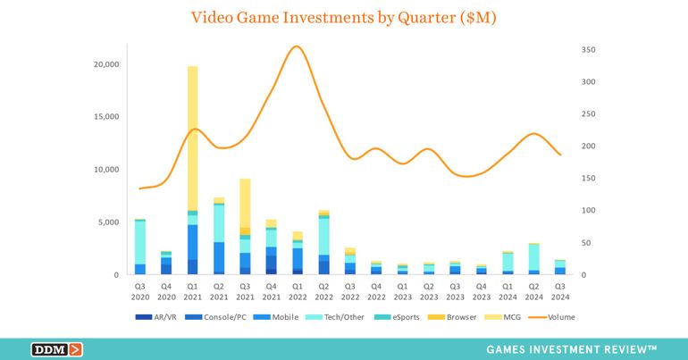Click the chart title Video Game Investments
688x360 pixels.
click(x=344, y=17)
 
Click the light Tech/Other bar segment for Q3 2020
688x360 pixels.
click(x=140, y=242)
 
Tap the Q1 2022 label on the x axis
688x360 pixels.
click(x=298, y=293)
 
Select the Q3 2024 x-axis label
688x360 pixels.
click(x=560, y=293)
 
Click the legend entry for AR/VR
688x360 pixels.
click(x=160, y=317)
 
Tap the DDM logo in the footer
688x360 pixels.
click(x=57, y=349)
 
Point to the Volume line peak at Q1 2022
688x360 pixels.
click(x=298, y=46)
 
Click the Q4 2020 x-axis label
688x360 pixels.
click(x=166, y=293)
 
